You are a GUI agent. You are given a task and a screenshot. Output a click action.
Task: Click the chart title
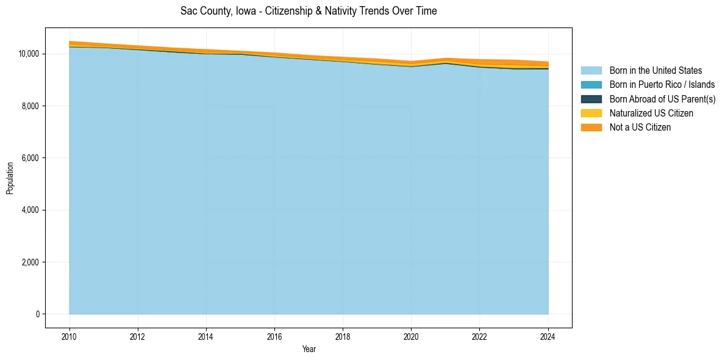[x=309, y=11]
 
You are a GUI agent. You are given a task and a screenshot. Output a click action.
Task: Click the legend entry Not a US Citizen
[x=640, y=128]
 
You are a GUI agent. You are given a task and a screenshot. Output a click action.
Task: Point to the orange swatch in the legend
[x=591, y=128]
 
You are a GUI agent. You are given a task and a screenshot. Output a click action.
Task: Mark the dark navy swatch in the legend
[x=591, y=99]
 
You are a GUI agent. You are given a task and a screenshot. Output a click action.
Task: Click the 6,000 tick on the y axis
[x=32, y=158]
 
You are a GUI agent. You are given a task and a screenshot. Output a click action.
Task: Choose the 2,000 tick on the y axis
[x=32, y=262]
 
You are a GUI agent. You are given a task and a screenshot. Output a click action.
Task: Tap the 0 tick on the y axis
[x=38, y=314]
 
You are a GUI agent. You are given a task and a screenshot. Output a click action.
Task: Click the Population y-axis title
[x=10, y=178]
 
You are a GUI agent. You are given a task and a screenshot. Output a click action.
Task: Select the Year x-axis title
[x=309, y=349]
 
